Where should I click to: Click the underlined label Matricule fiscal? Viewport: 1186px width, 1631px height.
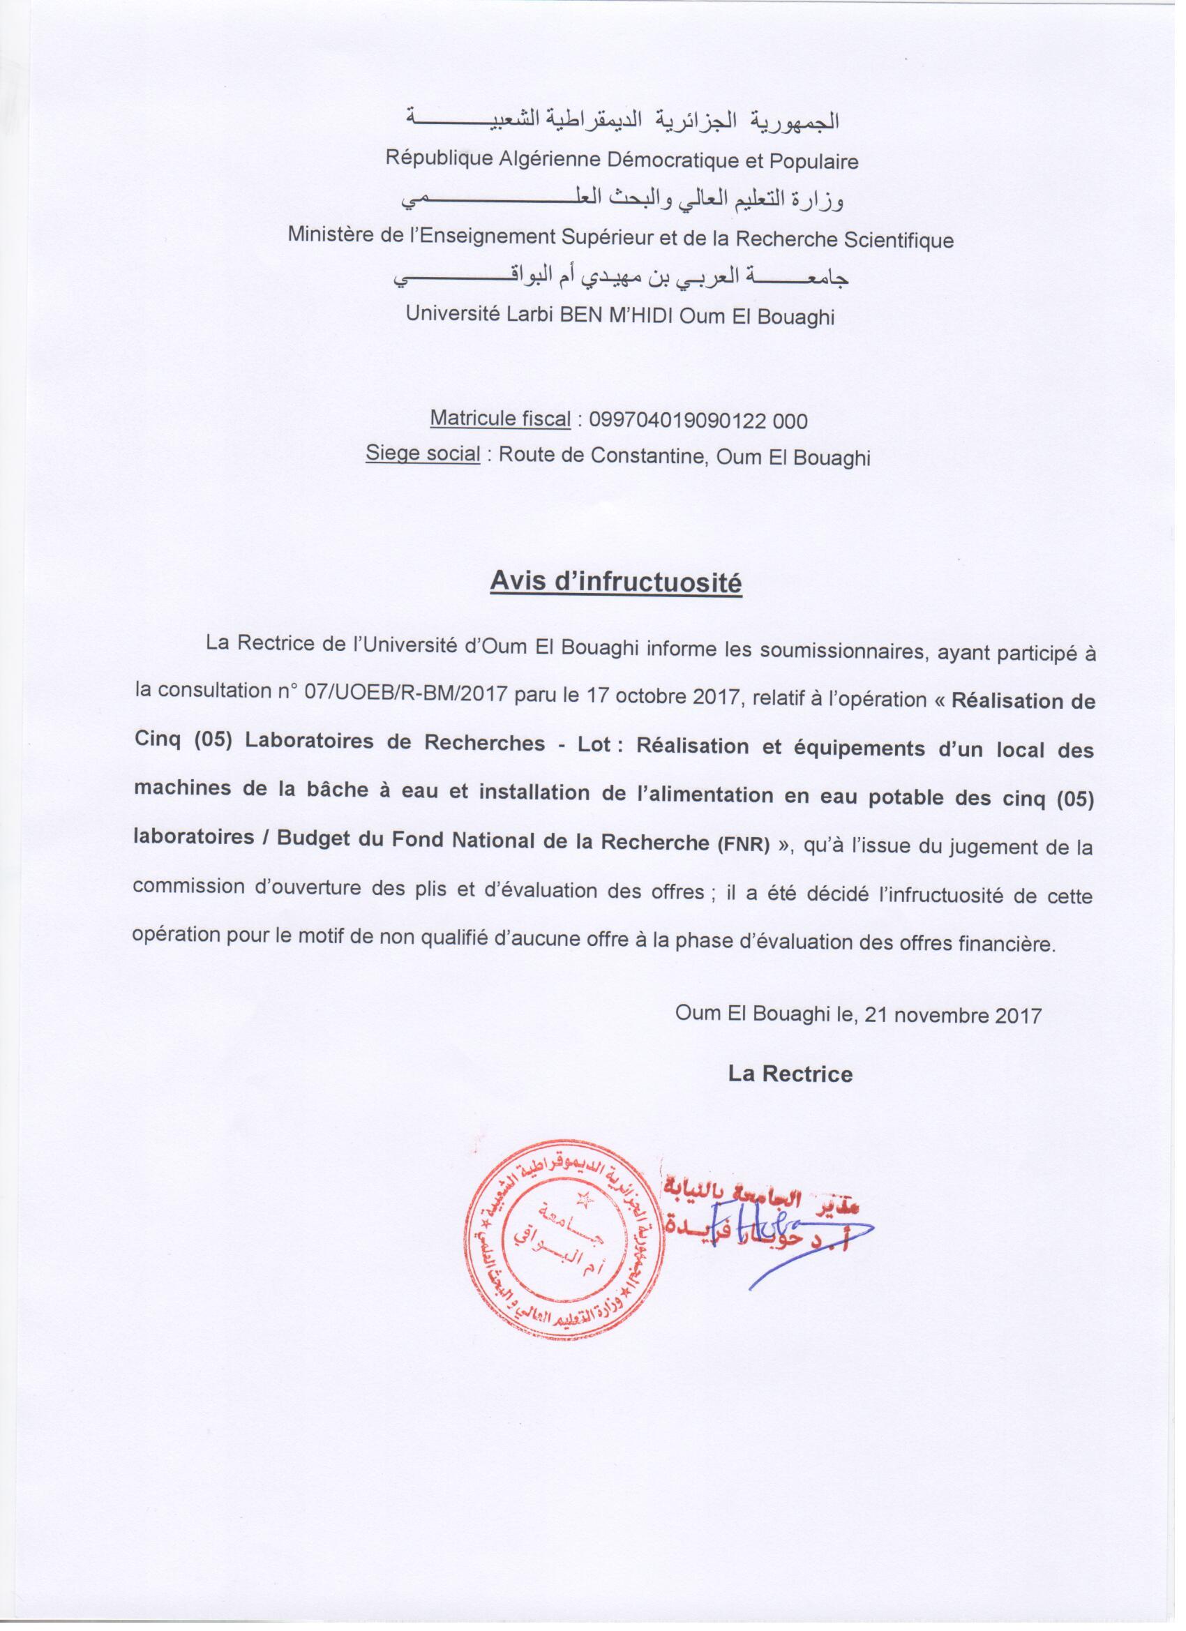point(500,419)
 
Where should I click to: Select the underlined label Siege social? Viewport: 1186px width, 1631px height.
point(423,456)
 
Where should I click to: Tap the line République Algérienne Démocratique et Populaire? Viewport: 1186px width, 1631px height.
point(622,160)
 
